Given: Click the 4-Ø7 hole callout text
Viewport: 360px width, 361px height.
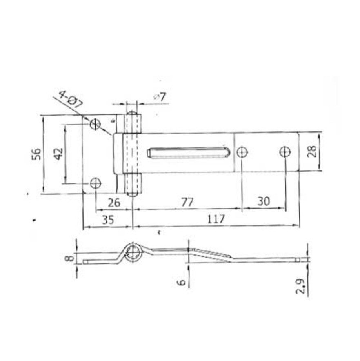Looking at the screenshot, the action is (71, 99).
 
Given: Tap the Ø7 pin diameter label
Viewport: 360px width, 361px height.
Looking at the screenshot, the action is (160, 97).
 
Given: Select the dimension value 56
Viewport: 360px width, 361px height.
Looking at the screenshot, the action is (36, 154).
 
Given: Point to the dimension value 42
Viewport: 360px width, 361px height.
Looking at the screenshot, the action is (58, 154).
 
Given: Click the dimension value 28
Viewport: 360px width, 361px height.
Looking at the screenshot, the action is (312, 151).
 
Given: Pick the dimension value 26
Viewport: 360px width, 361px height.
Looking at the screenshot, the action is (114, 203).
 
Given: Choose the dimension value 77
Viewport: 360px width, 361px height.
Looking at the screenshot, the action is (187, 202).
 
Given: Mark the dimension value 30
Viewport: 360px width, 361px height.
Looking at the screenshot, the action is (264, 201).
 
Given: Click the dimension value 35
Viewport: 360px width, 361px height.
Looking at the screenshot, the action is (108, 220).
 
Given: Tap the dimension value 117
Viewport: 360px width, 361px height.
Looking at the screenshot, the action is (216, 219).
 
